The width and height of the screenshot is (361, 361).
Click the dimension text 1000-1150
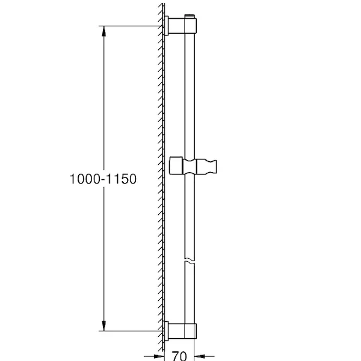[103, 179]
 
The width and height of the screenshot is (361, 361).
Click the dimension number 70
[179, 356]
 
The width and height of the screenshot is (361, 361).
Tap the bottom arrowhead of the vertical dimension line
[104, 326]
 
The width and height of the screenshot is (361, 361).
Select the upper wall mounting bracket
[180, 25]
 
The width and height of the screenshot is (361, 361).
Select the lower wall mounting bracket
[180, 331]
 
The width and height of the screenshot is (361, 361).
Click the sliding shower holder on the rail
[193, 165]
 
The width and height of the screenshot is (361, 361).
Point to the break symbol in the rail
[190, 261]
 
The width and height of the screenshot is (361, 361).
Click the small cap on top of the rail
[190, 16]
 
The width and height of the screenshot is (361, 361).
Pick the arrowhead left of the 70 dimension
[159, 357]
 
